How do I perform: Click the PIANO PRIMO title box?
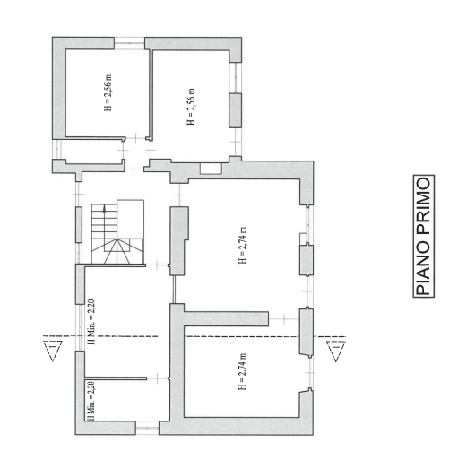click(424, 236)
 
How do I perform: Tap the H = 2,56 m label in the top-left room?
click(108, 92)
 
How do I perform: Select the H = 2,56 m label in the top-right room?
click(191, 107)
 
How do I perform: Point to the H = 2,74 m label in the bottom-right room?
click(242, 371)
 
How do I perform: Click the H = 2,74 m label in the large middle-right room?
click(242, 245)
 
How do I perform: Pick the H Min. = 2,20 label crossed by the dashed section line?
click(91, 322)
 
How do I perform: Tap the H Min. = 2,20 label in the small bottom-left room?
click(91, 401)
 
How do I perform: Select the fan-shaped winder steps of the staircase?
click(117, 251)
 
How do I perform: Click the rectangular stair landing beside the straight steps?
click(131, 219)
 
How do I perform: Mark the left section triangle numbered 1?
click(53, 351)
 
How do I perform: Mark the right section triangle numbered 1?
click(335, 351)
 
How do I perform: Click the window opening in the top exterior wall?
click(130, 43)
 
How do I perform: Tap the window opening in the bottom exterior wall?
click(147, 428)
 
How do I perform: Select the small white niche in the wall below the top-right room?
click(211, 169)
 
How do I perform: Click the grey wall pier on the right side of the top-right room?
click(236, 110)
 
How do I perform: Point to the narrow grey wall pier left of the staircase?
click(79, 224)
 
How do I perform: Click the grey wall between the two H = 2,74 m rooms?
click(226, 319)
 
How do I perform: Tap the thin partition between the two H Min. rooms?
click(116, 378)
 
